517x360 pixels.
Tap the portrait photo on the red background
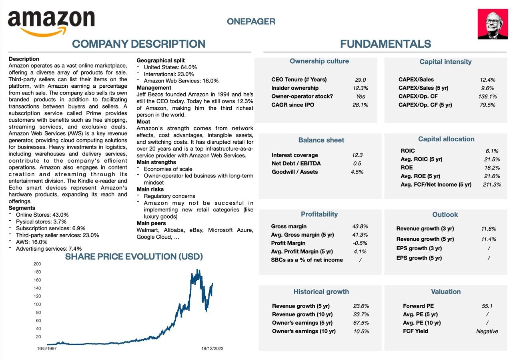point(493,24)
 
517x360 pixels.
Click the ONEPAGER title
point(251,22)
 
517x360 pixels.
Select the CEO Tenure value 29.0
point(360,80)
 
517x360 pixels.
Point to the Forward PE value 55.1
point(487,306)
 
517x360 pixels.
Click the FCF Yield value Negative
point(487,331)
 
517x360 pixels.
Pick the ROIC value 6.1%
point(492,151)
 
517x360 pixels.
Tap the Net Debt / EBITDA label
point(296,163)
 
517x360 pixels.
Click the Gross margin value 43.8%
point(360,226)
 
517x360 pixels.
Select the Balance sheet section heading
point(321,140)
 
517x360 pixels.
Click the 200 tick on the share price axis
point(37,264)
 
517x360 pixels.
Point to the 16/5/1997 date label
point(47,348)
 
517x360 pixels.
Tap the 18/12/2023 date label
point(212,348)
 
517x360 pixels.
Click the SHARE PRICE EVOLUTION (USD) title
point(134,257)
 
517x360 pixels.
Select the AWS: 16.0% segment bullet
point(32,242)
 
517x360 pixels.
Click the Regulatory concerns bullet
point(169,196)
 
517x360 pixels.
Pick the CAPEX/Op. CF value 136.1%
point(487,97)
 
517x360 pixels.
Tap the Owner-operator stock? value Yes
point(360,97)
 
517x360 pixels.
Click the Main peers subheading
point(151,223)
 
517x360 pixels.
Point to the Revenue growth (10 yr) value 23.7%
point(361,314)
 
